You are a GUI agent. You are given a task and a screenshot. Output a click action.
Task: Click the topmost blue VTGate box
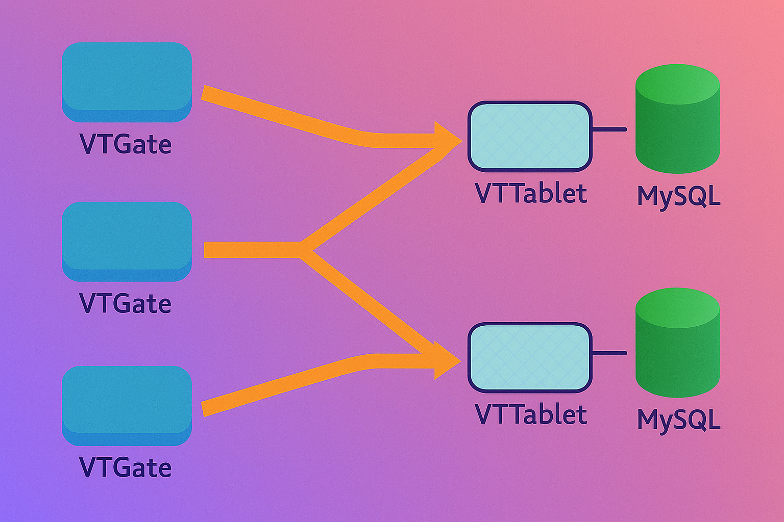click(127, 82)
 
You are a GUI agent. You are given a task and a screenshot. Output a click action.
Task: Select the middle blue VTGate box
click(127, 241)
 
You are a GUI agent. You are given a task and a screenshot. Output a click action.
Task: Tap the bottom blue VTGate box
click(127, 405)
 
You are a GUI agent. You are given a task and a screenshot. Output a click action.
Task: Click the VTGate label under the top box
click(126, 144)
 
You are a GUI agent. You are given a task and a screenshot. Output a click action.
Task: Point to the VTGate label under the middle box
click(126, 303)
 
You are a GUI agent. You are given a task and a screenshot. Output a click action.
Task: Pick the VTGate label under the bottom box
click(126, 467)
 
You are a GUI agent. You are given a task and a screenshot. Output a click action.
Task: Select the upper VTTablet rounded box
click(530, 136)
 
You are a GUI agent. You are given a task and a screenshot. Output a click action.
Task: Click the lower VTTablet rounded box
click(530, 357)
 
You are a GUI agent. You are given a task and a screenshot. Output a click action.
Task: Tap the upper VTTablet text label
click(531, 194)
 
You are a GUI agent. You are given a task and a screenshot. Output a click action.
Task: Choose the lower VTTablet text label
click(531, 414)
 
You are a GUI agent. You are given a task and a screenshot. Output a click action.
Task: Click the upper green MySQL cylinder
click(677, 120)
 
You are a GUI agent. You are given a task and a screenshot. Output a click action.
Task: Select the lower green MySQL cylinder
click(677, 343)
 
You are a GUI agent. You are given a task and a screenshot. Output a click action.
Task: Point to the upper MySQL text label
click(679, 196)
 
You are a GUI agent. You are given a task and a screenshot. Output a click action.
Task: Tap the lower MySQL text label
click(679, 420)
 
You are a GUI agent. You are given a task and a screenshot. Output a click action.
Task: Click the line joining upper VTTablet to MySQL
click(609, 129)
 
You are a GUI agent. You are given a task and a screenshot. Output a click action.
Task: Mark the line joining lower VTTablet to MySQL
click(609, 353)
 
